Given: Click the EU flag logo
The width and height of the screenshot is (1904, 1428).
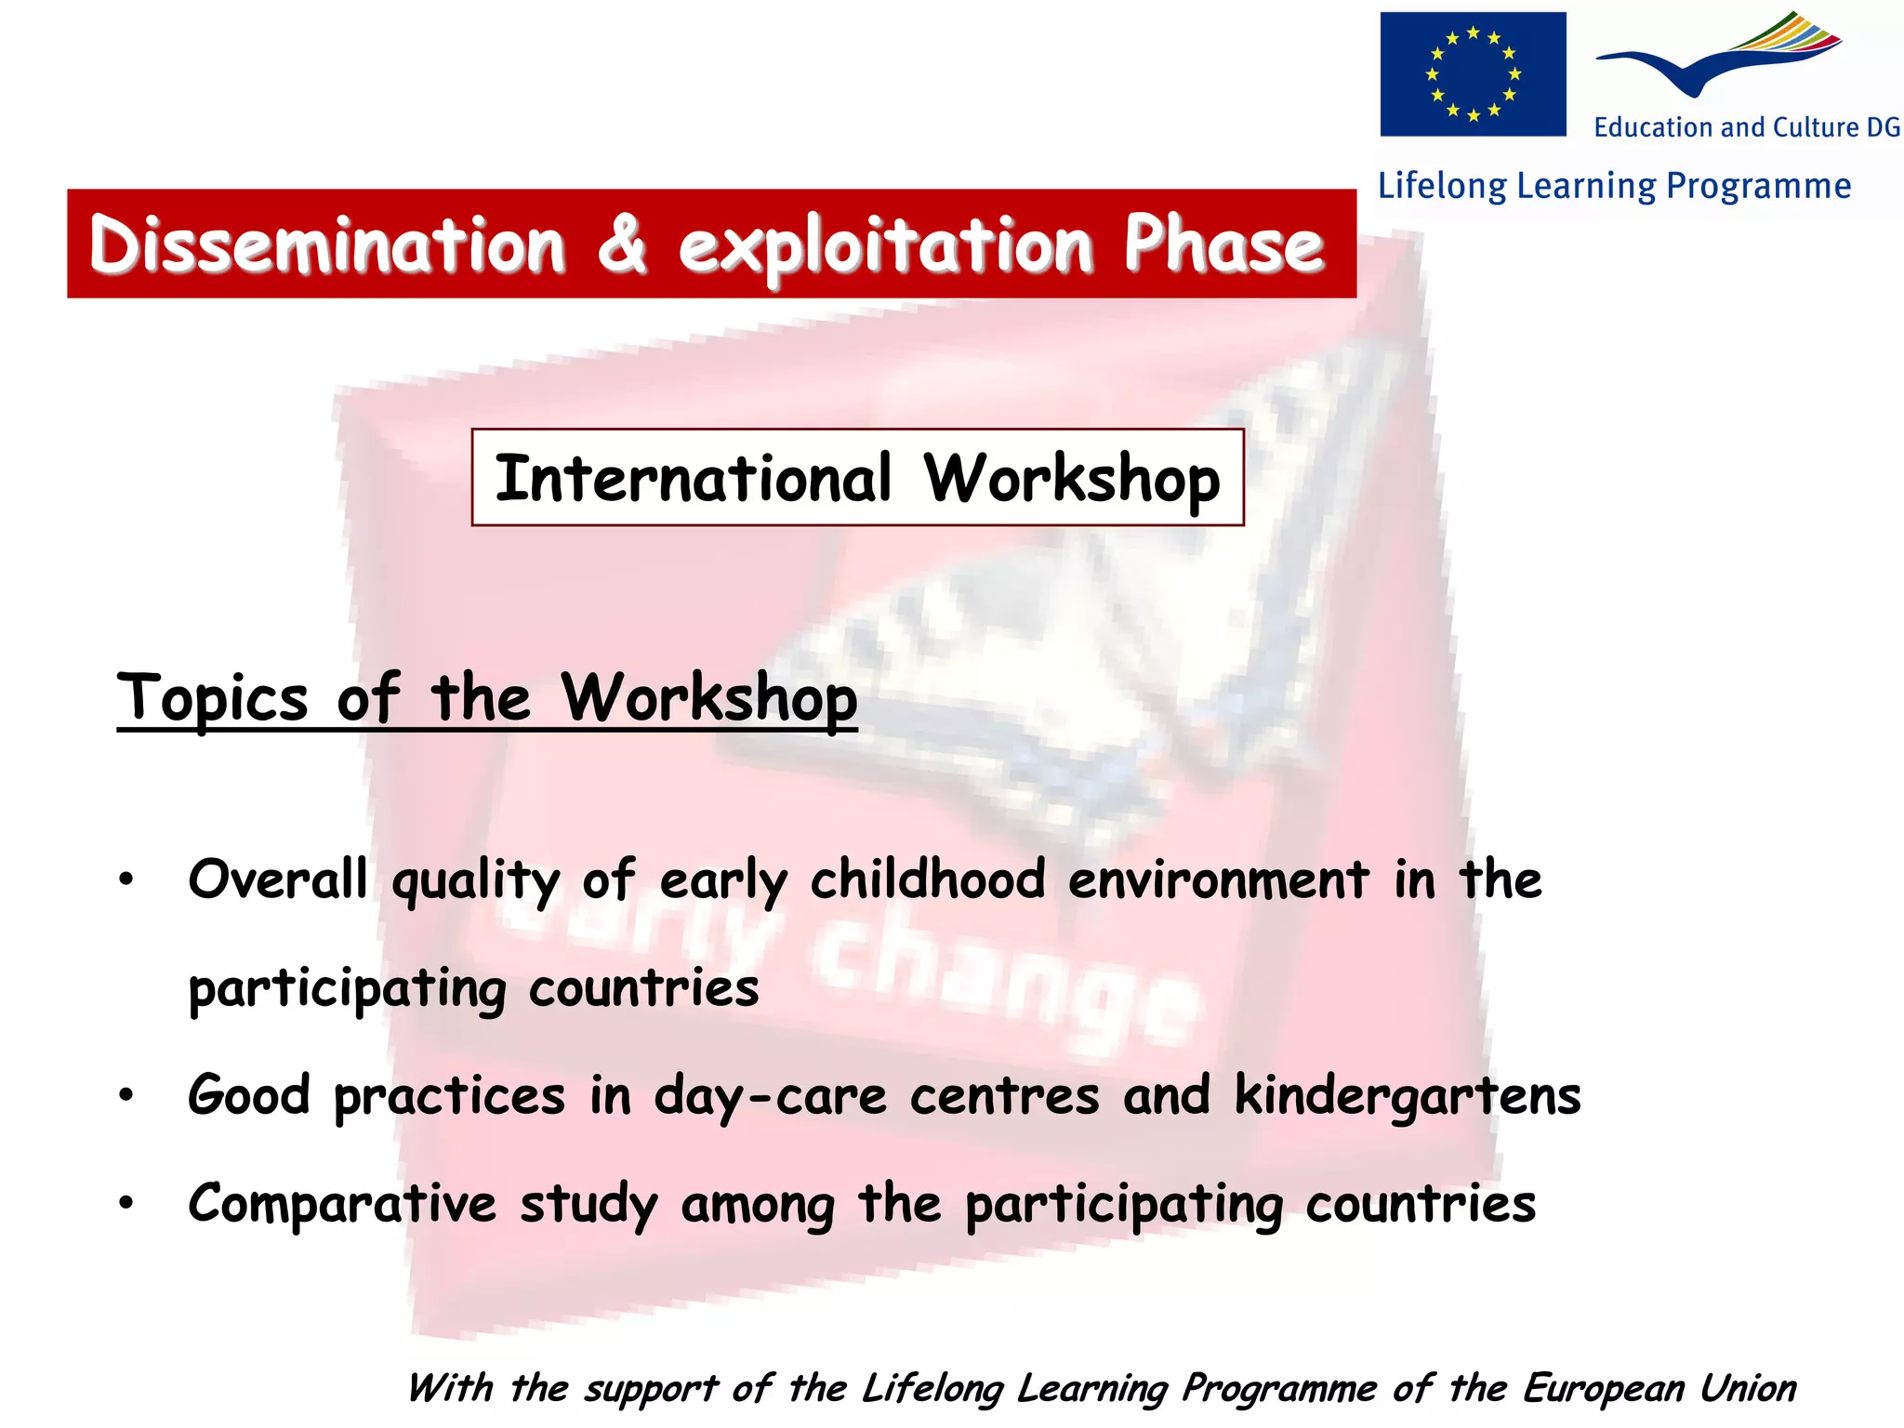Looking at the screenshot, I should click(1473, 74).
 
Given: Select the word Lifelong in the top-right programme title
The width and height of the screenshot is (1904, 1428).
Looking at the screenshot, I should click(1441, 186).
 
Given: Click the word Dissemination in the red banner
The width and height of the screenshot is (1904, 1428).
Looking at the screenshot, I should click(327, 245).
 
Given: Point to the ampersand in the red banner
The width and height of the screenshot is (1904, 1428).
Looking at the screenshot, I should click(621, 245).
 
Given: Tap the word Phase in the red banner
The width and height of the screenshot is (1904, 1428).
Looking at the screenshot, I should click(1223, 245).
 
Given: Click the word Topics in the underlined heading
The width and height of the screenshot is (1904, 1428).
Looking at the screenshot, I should click(212, 697).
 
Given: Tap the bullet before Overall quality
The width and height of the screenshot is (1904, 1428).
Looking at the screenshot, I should click(126, 879).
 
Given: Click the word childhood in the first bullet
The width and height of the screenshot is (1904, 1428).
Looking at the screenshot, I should click(927, 879).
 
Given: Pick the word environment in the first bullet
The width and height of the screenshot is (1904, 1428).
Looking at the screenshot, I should click(1218, 879).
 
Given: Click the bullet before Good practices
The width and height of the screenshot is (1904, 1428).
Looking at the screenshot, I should click(126, 1096).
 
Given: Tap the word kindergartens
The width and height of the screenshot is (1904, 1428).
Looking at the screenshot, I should click(1407, 1096).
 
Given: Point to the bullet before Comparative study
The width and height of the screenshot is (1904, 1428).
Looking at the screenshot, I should click(126, 1204).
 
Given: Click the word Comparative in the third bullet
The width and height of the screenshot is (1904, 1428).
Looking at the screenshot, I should click(342, 1204).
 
